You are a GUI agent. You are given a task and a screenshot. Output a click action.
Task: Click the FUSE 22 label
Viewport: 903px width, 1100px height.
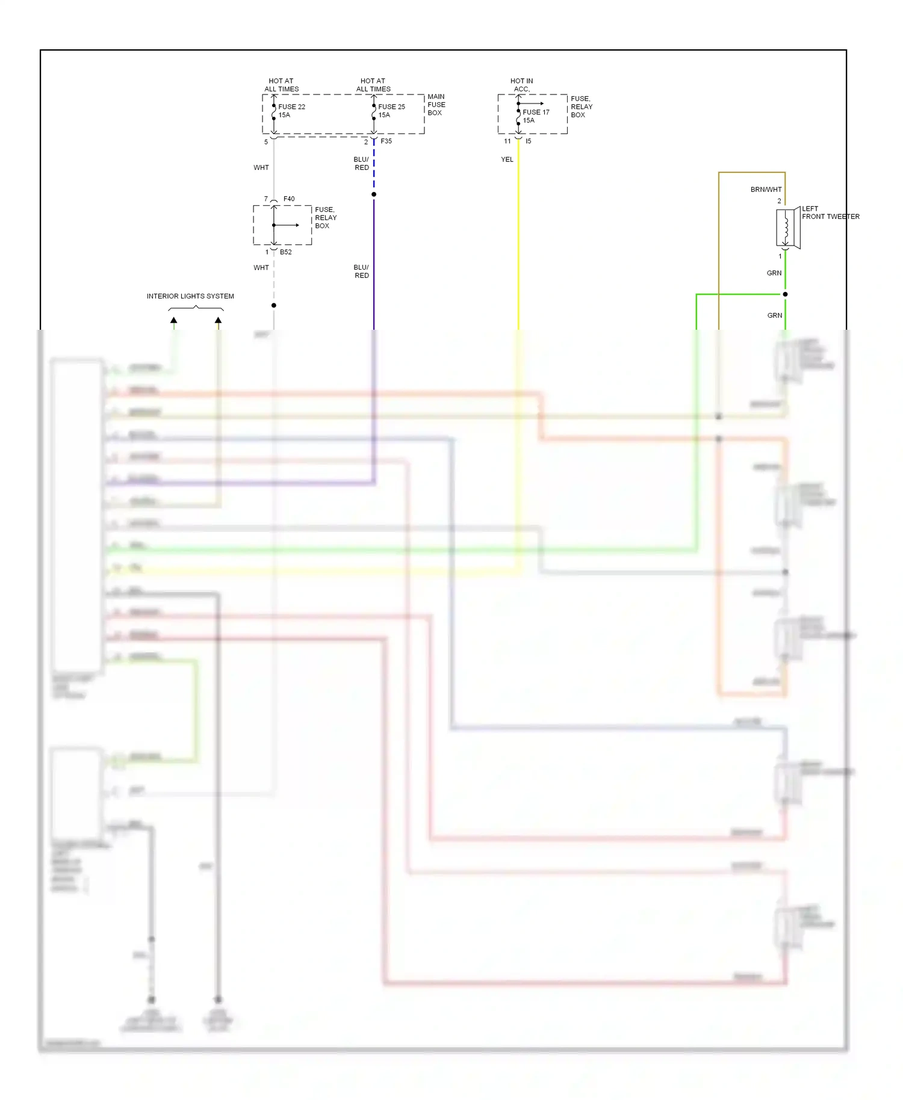291,107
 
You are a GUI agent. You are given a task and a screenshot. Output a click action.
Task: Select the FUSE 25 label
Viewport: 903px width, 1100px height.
391,107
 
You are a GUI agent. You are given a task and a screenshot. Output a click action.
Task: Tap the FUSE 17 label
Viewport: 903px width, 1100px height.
536,113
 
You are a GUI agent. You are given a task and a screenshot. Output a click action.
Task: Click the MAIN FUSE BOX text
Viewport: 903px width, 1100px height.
436,105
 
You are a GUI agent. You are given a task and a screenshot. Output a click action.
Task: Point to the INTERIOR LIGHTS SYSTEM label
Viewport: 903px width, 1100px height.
190,296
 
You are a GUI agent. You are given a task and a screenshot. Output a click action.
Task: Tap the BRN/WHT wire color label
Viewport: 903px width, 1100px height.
766,190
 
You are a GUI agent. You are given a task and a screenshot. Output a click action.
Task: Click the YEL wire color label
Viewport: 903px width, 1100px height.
507,159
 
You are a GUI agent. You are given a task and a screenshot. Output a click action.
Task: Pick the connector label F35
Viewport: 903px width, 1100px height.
386,141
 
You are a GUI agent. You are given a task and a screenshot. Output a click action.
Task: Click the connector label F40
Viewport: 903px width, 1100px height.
289,199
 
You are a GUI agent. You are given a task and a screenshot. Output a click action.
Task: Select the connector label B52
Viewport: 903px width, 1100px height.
285,252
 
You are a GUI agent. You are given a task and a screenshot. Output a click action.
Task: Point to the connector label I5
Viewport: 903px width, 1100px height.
528,141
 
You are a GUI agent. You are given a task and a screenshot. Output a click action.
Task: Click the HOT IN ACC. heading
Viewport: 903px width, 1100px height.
521,85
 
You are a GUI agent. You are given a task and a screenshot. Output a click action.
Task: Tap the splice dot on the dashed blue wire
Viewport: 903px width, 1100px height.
374,194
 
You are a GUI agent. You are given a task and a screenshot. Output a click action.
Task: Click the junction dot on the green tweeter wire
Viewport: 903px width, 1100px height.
785,294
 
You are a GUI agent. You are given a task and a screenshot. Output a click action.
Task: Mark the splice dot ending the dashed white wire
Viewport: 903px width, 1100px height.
274,306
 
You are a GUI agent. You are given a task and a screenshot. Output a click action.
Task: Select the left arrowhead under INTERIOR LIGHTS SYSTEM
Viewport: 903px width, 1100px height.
173,320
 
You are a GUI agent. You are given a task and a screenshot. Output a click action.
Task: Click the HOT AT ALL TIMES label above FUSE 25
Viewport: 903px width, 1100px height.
373,85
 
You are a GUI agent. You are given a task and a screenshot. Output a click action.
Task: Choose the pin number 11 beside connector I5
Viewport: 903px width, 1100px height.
507,141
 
